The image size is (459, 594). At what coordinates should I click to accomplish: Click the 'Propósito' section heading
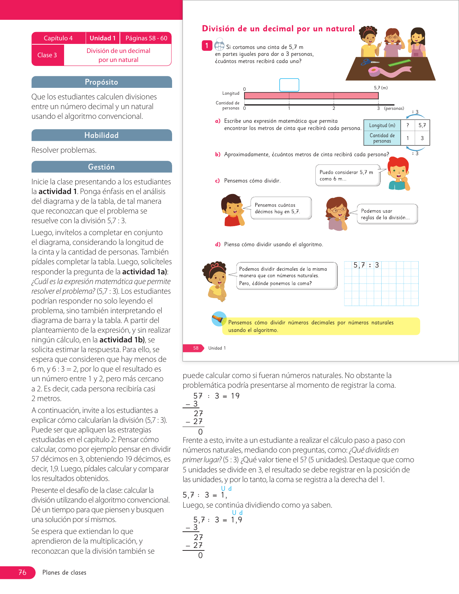coord(102,82)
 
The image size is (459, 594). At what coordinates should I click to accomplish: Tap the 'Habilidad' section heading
coord(102,135)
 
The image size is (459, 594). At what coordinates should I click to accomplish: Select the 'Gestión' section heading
coord(102,167)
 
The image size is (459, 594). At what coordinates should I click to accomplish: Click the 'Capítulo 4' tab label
coord(58,38)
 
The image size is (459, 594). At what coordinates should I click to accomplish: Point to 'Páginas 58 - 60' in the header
coord(146,38)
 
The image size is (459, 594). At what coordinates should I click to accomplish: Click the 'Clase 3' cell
coord(47,55)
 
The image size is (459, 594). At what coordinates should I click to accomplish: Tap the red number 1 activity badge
coord(207,46)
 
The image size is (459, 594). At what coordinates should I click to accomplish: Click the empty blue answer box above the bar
coord(289,85)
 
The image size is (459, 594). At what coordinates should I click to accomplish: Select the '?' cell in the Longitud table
coord(408,125)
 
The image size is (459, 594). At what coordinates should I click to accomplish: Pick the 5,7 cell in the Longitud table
coord(422,125)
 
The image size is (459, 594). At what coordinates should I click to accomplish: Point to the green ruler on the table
coord(400,63)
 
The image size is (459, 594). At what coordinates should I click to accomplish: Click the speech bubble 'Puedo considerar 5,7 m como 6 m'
coord(347,175)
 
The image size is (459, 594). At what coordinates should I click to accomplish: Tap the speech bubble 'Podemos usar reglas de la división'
coord(387,214)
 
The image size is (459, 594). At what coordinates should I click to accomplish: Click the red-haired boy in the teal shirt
coord(399,174)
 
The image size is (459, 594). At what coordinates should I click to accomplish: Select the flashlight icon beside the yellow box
coord(219,319)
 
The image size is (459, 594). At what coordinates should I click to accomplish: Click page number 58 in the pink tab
coord(195,348)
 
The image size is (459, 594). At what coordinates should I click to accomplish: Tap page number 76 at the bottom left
coord(22,572)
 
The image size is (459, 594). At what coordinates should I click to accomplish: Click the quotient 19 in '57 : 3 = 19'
coord(235,396)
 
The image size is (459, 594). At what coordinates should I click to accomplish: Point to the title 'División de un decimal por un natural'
coord(278,29)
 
